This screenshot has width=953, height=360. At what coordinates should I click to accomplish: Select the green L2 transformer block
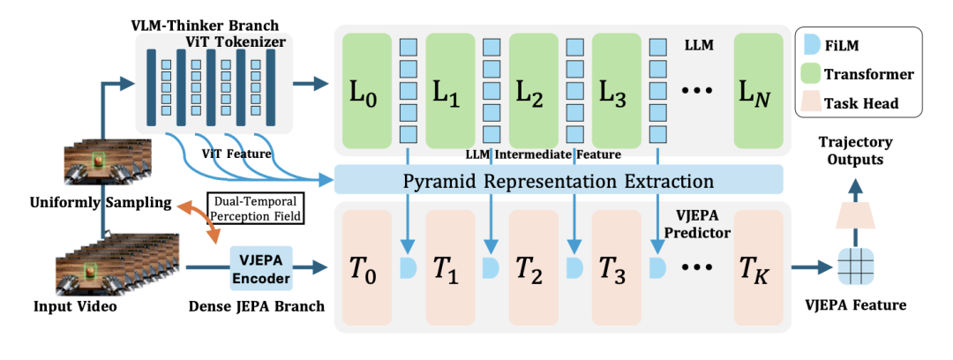pos(532,90)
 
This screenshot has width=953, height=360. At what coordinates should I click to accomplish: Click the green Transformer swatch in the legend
pos(817,74)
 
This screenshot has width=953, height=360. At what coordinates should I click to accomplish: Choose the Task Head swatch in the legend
pos(817,103)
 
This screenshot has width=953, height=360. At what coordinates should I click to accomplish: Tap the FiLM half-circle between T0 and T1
pos(408,266)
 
